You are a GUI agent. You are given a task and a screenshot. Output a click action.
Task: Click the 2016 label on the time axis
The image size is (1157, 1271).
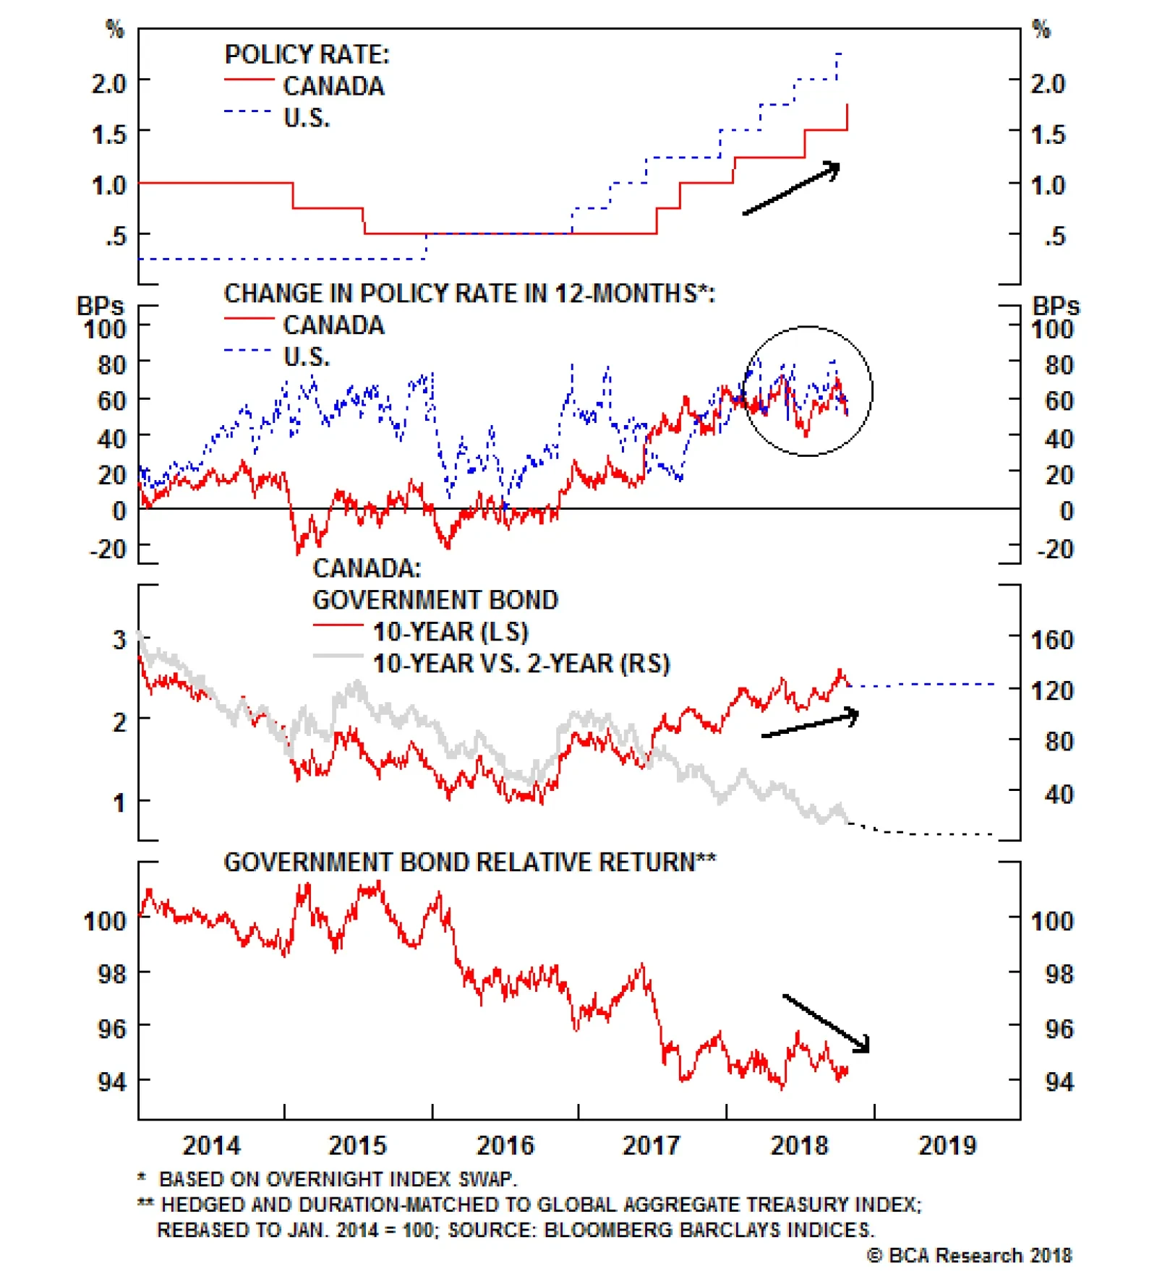505,1144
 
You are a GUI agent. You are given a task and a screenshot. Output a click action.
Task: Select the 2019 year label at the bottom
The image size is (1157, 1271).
947,1144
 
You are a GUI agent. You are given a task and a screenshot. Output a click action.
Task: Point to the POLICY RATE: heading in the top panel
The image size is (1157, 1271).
307,55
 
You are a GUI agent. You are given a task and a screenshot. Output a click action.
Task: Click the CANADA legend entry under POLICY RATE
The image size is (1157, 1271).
333,86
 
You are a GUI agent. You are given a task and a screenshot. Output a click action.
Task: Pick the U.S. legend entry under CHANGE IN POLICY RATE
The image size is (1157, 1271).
307,356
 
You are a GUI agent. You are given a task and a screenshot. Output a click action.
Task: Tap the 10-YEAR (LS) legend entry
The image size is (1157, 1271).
450,631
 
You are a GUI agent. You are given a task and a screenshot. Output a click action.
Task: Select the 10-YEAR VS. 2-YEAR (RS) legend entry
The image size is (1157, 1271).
521,663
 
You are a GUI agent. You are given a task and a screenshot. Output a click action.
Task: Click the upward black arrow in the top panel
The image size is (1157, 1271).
792,189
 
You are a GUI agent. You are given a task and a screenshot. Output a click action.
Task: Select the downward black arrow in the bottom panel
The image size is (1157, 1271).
826,1022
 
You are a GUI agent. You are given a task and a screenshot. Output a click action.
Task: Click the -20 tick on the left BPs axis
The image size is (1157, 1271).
108,549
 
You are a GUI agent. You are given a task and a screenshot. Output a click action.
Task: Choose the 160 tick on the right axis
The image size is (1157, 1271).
1051,639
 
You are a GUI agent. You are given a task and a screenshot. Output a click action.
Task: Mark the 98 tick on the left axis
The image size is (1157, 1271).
111,973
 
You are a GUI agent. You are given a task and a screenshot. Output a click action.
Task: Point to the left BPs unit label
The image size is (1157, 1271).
100,306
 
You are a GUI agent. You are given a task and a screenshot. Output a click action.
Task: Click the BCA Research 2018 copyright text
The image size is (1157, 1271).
969,1255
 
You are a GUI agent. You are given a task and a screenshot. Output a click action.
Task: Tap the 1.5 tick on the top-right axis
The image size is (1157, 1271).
1047,134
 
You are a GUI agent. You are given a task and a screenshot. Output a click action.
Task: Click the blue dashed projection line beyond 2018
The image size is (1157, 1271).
926,684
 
